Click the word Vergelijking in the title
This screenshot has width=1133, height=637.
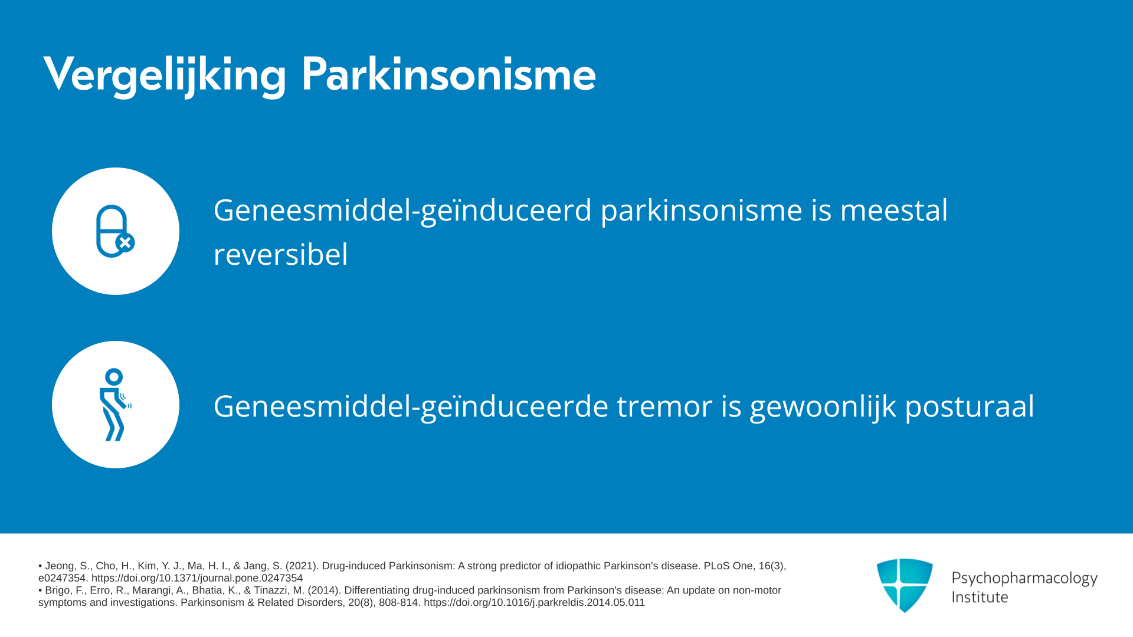click(x=165, y=74)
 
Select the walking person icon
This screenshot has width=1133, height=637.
click(x=115, y=405)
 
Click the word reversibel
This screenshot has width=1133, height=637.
click(x=281, y=254)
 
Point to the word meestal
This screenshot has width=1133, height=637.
click(x=893, y=210)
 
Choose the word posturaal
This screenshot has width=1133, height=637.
click(x=970, y=407)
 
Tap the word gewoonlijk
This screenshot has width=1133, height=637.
click(x=823, y=407)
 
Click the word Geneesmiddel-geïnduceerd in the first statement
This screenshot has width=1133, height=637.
click(x=402, y=211)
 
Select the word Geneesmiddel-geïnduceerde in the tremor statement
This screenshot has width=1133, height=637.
click(x=411, y=407)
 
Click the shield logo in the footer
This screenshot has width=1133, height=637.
click(x=905, y=585)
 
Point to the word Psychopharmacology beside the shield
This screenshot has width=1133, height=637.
click(x=1024, y=578)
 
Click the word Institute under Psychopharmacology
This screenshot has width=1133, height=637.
click(x=980, y=597)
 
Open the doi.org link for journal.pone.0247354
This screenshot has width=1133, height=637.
click(x=197, y=578)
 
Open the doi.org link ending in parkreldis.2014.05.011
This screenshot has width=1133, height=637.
click(x=534, y=602)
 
